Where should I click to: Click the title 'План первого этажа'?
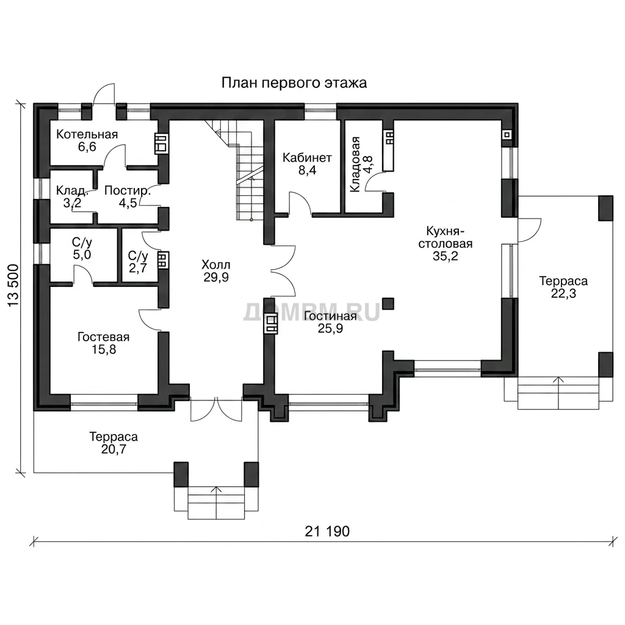(x=294, y=83)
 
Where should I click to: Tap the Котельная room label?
(x=87, y=134)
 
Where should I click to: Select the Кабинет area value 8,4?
(x=307, y=170)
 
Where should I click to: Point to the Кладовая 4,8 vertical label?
(x=361, y=164)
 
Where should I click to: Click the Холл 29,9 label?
(x=216, y=270)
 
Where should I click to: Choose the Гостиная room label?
(x=330, y=316)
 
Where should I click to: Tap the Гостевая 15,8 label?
(x=104, y=343)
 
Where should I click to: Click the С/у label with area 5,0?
(x=82, y=248)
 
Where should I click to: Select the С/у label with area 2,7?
(x=138, y=262)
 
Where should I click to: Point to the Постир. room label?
(x=128, y=190)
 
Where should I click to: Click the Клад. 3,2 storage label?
(x=72, y=197)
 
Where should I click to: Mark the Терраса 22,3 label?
(x=563, y=287)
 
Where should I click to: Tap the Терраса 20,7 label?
(x=114, y=443)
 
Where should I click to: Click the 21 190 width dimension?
(x=327, y=532)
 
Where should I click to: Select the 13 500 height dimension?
(x=13, y=286)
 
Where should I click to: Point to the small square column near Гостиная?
(x=388, y=304)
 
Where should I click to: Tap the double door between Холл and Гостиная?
(x=283, y=272)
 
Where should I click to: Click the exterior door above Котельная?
(x=104, y=95)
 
